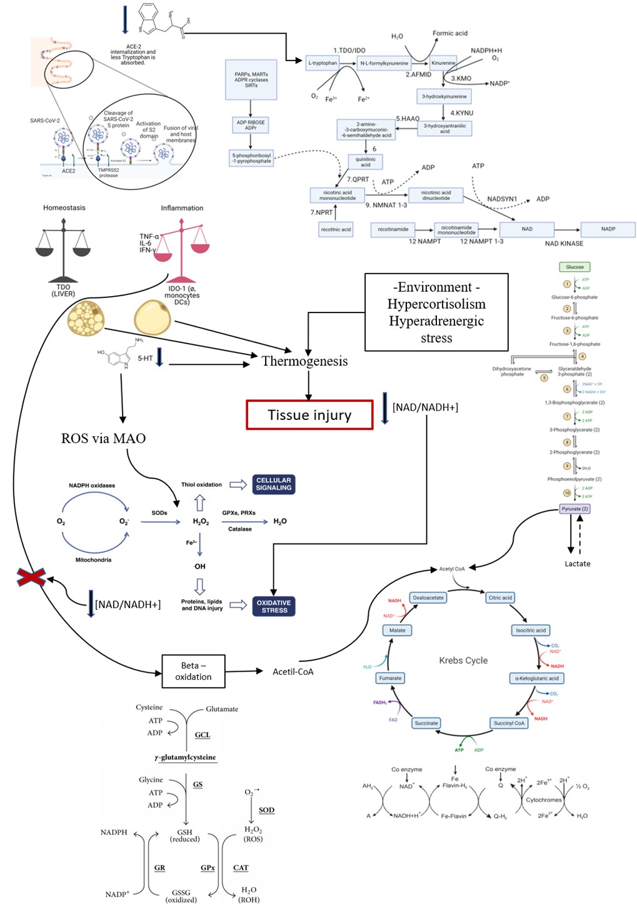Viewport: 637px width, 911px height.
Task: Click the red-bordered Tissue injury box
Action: tap(309, 415)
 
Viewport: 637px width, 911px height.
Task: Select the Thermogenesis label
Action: tap(304, 361)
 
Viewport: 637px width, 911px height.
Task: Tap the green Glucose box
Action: tap(574, 267)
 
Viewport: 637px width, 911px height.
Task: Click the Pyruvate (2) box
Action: tap(574, 509)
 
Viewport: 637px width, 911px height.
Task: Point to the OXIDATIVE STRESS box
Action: tap(274, 606)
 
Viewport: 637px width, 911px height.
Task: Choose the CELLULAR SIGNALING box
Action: tap(274, 484)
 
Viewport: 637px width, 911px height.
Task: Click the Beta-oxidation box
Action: tap(193, 671)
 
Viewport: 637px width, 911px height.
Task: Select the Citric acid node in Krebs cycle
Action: tap(500, 598)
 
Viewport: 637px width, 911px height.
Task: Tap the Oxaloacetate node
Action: tap(428, 598)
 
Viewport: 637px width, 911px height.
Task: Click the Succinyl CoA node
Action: tap(509, 723)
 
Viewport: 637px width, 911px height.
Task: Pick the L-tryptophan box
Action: tap(323, 63)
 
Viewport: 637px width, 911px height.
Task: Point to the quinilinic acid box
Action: tap(366, 162)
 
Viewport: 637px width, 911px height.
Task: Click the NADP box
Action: tap(608, 229)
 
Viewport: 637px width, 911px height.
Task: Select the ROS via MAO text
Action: tap(103, 439)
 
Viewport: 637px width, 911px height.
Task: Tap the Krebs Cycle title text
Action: tap(463, 660)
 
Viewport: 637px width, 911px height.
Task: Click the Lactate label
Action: tap(577, 564)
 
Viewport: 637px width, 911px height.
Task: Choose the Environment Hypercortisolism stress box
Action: tap(436, 312)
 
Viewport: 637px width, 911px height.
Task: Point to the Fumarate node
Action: tap(390, 678)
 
